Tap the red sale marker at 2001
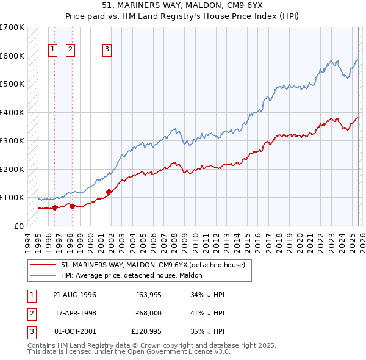coord(109,192)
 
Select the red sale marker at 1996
coord(55,207)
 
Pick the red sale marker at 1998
coord(72,206)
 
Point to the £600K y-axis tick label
coord(12,56)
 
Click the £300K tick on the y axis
coord(12,140)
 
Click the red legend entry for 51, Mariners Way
coord(152,265)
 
